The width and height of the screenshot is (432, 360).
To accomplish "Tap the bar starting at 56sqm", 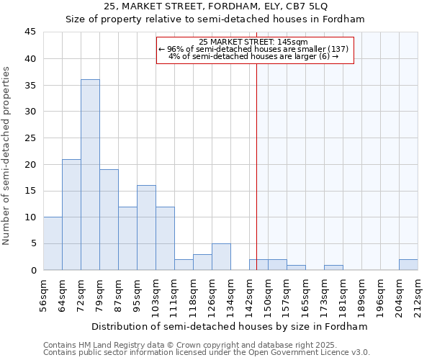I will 53,243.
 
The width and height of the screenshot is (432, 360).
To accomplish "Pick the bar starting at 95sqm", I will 146,228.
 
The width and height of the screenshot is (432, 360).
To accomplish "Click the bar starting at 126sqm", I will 221,256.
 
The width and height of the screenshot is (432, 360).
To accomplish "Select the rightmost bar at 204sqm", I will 408,265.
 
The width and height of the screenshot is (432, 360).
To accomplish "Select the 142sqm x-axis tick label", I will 250,295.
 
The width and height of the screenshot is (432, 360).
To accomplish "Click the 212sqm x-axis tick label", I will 418,295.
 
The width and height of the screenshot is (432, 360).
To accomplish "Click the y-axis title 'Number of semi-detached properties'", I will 7,156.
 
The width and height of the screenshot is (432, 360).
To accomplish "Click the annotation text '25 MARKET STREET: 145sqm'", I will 253,42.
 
